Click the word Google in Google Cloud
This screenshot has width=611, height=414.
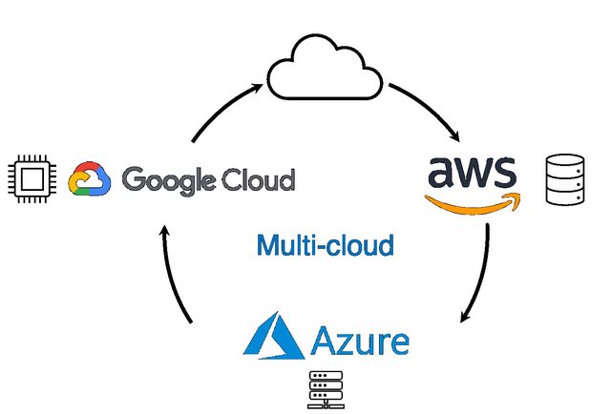[171, 180]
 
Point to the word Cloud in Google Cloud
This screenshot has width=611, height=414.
[259, 178]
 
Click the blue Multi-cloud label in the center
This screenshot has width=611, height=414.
[325, 245]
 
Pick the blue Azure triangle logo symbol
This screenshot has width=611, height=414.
[274, 336]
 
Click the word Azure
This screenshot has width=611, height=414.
[361, 340]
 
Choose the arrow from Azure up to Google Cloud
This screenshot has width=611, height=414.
[175, 277]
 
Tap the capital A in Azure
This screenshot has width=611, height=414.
[323, 340]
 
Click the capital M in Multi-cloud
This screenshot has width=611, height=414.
[265, 245]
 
